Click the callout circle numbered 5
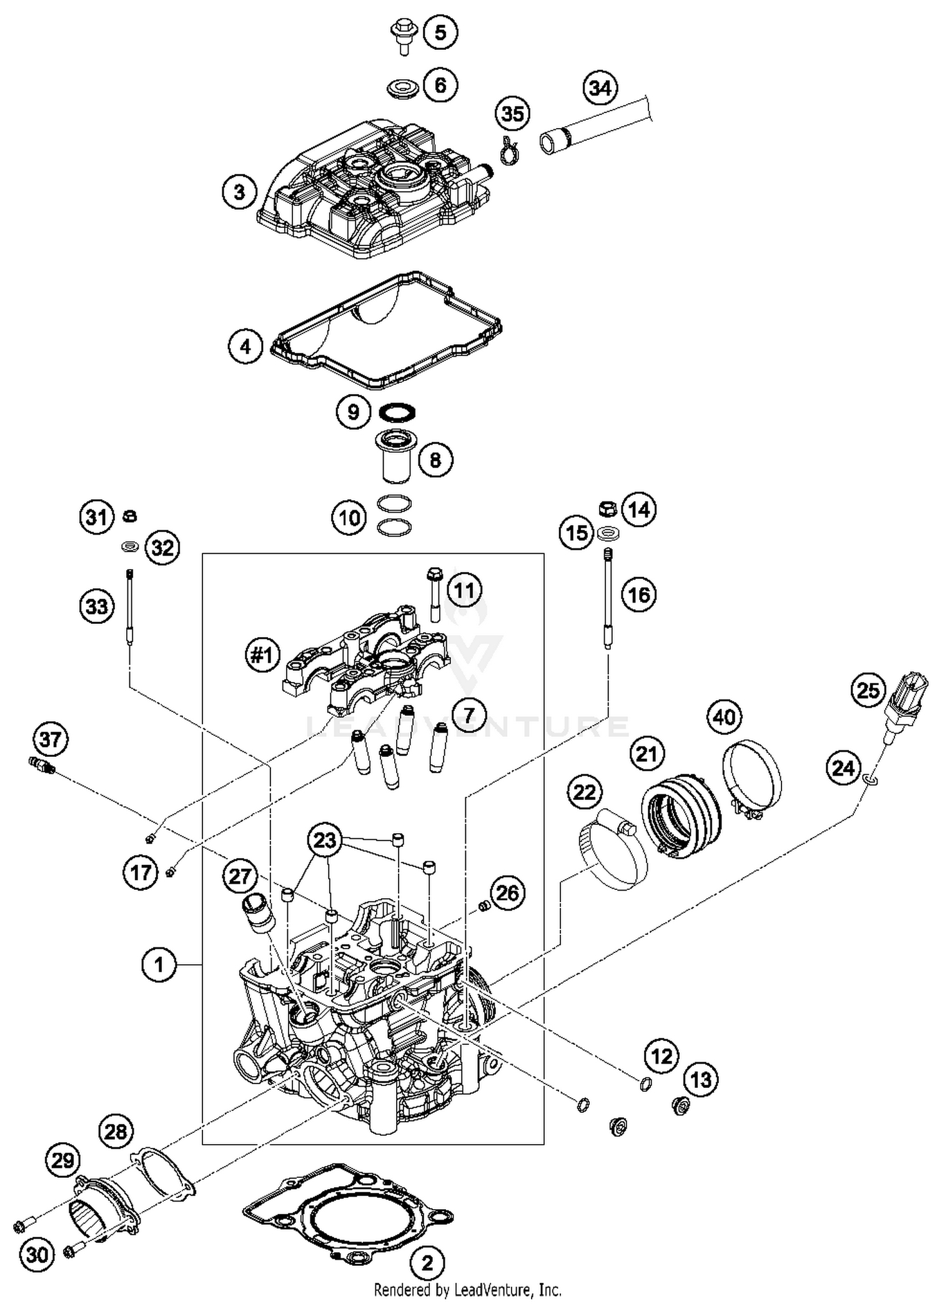[x=440, y=32]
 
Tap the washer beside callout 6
[x=402, y=89]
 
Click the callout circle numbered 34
[x=600, y=88]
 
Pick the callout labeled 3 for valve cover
[x=240, y=192]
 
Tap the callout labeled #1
[x=262, y=656]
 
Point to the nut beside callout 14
[x=607, y=508]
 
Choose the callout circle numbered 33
[x=97, y=606]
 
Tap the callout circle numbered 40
[x=724, y=717]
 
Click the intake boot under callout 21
[x=681, y=812]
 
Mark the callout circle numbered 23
[x=325, y=841]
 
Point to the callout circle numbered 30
[x=37, y=1254]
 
